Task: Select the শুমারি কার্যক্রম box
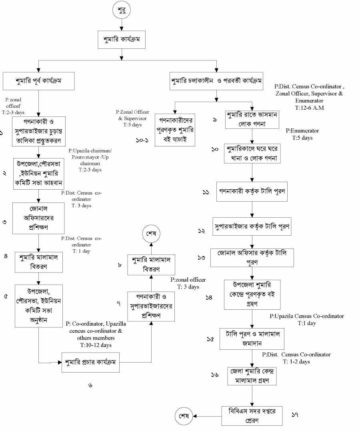click(x=122, y=40)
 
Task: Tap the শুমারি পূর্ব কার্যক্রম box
click(x=39, y=81)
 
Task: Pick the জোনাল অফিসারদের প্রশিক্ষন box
click(x=38, y=218)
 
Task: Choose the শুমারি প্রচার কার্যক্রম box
click(x=90, y=362)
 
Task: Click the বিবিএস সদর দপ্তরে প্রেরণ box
click(x=252, y=416)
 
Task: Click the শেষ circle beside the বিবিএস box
click(x=184, y=416)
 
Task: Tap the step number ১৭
click(x=295, y=415)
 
